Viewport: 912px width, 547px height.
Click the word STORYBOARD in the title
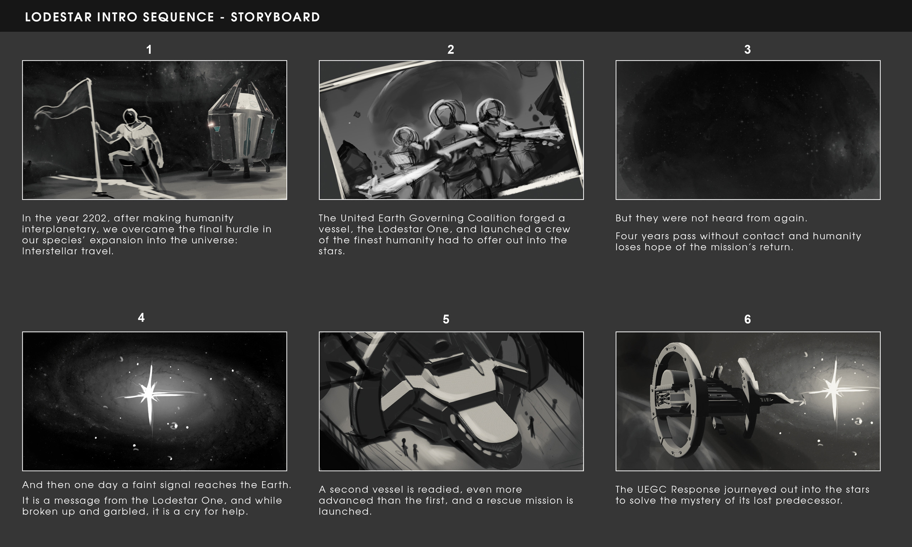tap(275, 17)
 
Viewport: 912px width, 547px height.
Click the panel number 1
tap(149, 49)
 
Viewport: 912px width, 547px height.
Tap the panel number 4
tap(141, 317)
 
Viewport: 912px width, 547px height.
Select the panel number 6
tap(748, 319)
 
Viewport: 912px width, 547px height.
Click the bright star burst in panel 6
tap(834, 390)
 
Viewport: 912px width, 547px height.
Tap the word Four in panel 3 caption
tap(627, 236)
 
